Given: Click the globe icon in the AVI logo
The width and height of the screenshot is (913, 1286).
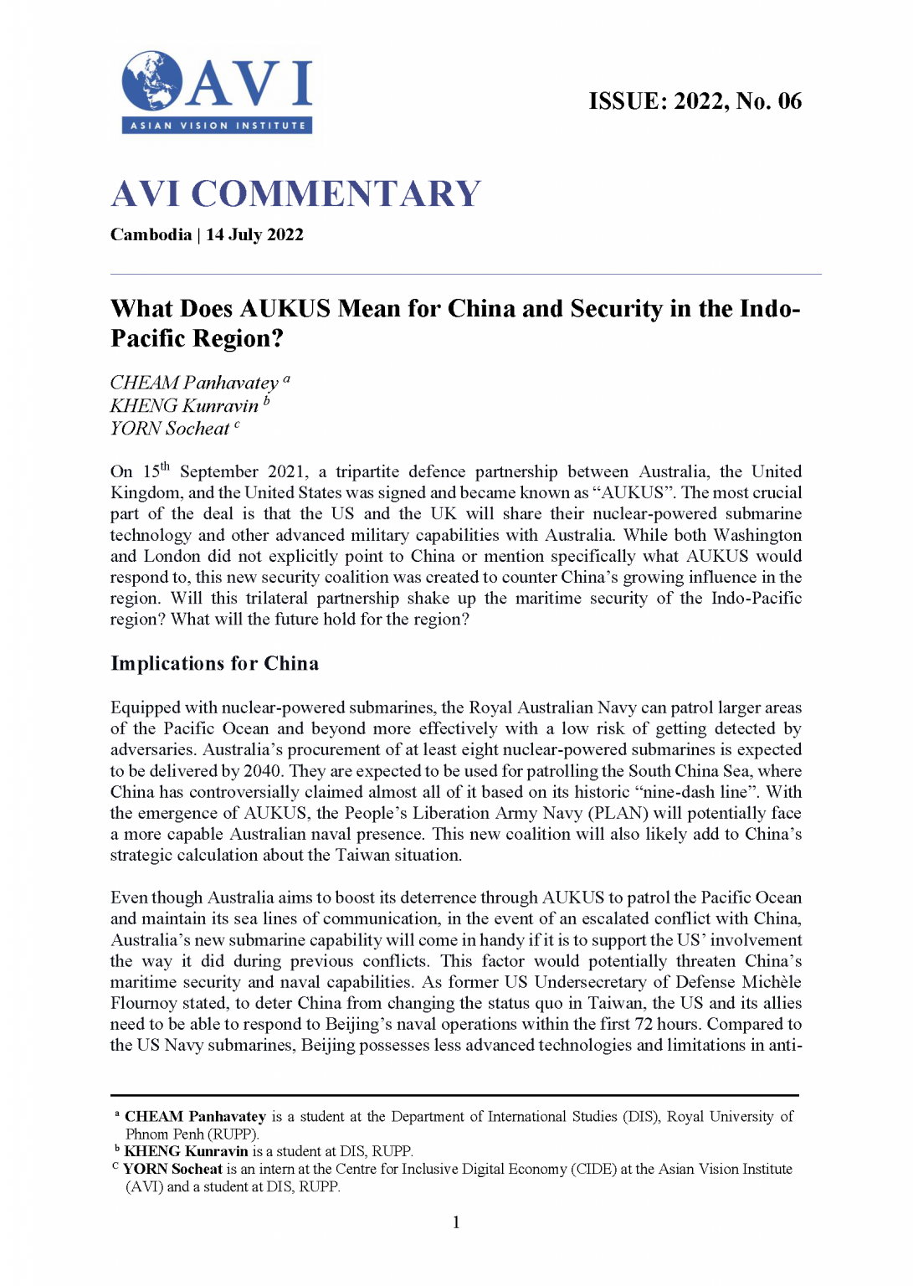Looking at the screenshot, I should coord(152,81).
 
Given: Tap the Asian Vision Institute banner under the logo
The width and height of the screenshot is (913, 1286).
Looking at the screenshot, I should coord(218,126).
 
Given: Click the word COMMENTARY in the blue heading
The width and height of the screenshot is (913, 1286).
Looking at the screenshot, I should coord(336,194).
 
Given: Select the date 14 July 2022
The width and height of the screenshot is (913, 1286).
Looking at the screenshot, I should coord(254,235).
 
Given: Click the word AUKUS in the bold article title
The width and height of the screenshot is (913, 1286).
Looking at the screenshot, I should coord(285,309).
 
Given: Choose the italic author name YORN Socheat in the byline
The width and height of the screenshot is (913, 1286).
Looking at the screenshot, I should coord(170,429).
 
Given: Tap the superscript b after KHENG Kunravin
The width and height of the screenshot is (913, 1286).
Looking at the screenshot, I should coord(267,401).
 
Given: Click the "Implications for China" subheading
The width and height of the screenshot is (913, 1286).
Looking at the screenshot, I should coord(214,664).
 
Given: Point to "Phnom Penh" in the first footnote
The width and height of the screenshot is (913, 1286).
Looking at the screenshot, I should coord(164,1134).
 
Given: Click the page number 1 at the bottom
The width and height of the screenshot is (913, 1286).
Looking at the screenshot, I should coord(456,1222).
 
